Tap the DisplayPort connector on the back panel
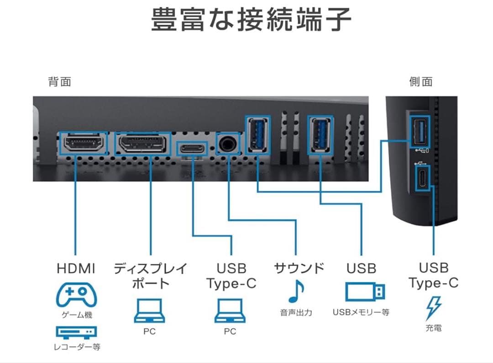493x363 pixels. (x=143, y=144)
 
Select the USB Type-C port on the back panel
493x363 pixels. (x=192, y=149)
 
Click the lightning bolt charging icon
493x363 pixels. (x=433, y=307)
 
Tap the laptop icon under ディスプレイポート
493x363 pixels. (x=149, y=310)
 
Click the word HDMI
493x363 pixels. (x=76, y=268)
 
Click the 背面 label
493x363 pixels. (x=60, y=82)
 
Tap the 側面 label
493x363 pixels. (x=421, y=82)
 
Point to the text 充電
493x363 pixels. (x=433, y=328)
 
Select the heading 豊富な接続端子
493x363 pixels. (x=251, y=20)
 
